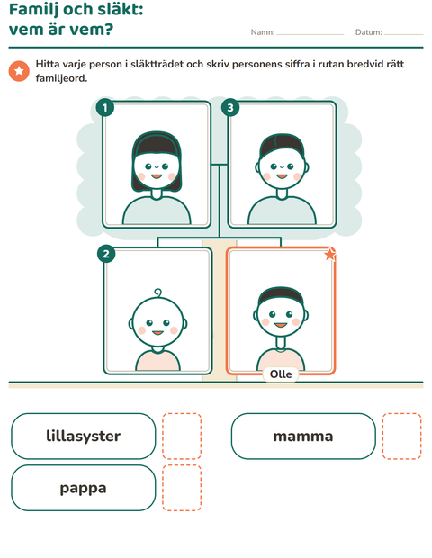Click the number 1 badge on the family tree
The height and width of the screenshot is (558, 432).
(105, 107)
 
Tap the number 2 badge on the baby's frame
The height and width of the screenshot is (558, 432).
(106, 254)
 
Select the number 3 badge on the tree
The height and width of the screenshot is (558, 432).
(230, 107)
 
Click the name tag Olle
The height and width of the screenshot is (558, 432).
(281, 374)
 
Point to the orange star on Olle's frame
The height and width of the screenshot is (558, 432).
(330, 254)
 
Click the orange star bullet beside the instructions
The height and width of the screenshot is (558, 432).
(19, 71)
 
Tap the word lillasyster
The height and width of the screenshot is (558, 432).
(84, 436)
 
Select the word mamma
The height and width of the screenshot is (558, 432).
(303, 436)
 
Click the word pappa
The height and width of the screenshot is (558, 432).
(84, 488)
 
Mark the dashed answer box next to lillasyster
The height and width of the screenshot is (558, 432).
(182, 436)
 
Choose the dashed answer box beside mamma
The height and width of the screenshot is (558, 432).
(402, 436)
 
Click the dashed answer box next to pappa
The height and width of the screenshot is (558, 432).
(182, 488)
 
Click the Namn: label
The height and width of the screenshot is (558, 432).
(263, 32)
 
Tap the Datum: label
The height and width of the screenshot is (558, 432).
(369, 32)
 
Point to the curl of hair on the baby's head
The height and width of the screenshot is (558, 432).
(157, 292)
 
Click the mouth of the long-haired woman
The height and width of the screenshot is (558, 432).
(157, 176)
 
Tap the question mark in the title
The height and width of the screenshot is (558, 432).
(107, 29)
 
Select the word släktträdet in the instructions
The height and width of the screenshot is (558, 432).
(157, 65)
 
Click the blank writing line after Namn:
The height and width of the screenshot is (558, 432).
(310, 34)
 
